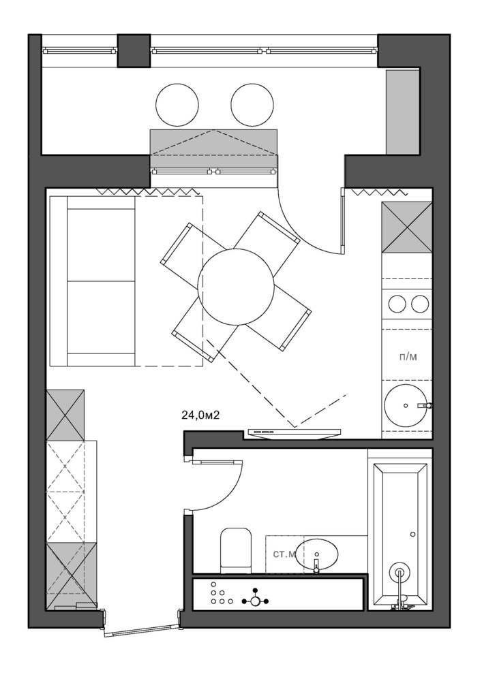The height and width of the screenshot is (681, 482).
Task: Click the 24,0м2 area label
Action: (200, 415)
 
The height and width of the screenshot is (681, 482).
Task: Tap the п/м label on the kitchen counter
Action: (408, 357)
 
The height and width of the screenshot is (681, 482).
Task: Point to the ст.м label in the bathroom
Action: (284, 554)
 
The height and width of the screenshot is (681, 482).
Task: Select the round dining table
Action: (236, 287)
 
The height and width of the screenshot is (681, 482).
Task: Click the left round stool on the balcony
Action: (177, 105)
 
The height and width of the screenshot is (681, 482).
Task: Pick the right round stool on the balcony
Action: (252, 105)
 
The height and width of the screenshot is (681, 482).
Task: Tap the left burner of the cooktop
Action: (397, 304)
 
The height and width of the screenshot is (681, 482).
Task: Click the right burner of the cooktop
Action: (420, 304)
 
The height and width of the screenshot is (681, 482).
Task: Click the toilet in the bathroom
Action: (236, 550)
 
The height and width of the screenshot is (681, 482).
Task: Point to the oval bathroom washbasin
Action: (316, 554)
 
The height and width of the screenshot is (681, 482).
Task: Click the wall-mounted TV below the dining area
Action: (295, 432)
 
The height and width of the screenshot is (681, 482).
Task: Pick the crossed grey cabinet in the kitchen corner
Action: (407, 227)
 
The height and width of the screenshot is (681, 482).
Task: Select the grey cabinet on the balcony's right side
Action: (402, 111)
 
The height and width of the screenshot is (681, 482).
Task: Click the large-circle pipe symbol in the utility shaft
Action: (255, 601)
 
